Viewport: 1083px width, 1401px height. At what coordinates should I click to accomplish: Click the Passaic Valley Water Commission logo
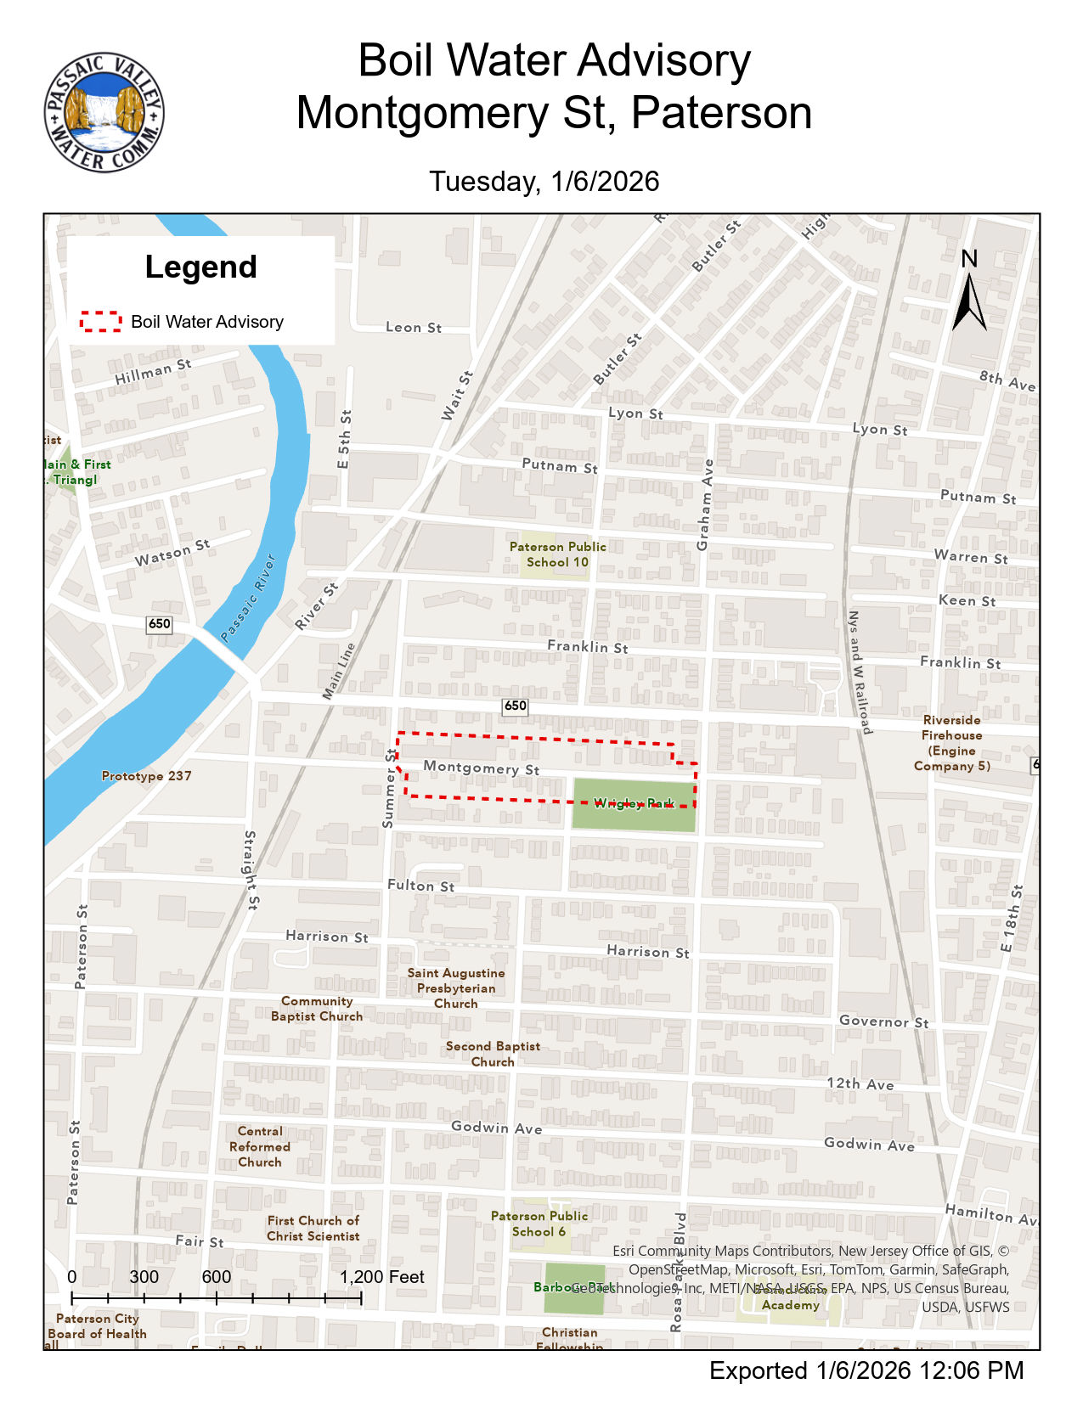(x=104, y=113)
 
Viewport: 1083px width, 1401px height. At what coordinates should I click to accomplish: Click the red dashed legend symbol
(x=101, y=321)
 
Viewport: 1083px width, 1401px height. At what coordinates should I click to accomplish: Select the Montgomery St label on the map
(x=481, y=768)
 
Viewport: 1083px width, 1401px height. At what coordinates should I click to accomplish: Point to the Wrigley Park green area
(x=634, y=805)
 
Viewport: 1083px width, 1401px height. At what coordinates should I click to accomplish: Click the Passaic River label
(x=248, y=598)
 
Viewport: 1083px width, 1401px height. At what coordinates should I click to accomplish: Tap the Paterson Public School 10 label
(x=557, y=554)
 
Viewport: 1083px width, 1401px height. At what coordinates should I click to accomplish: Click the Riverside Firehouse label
(x=951, y=743)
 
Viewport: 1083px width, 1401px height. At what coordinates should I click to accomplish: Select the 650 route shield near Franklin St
(x=515, y=706)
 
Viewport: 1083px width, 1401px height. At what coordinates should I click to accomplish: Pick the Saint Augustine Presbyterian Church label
(x=456, y=988)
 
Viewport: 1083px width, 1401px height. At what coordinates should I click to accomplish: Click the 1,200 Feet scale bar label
(x=382, y=1277)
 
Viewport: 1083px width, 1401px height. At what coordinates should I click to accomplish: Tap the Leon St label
(x=414, y=327)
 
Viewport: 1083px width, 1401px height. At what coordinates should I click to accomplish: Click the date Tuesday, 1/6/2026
(x=544, y=181)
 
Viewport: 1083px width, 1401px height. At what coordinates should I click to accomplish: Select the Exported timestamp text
(x=866, y=1370)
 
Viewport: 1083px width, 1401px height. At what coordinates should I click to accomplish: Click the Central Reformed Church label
(x=260, y=1146)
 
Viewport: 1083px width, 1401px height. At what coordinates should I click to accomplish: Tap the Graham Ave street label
(x=705, y=505)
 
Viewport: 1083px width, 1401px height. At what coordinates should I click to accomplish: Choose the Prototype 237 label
(x=146, y=775)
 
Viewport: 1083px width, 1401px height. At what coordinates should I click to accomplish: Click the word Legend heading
(x=200, y=267)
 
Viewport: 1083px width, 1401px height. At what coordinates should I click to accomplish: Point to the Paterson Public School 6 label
(x=539, y=1224)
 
